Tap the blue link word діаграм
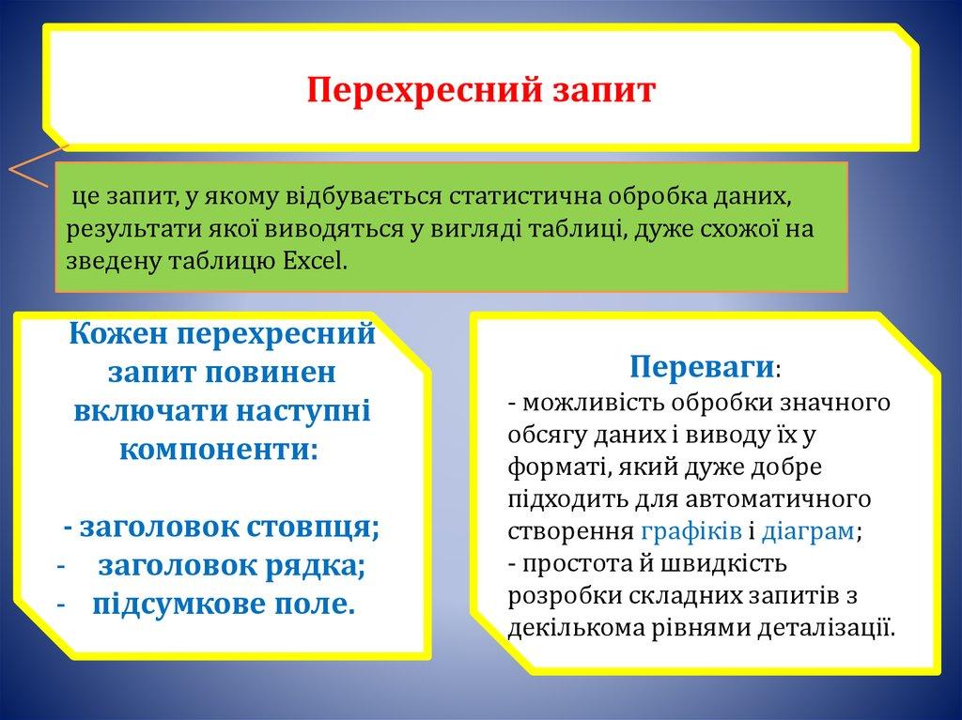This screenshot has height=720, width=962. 806,530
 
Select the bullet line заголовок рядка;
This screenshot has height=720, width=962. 230,566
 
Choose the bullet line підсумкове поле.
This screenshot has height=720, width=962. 224,605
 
